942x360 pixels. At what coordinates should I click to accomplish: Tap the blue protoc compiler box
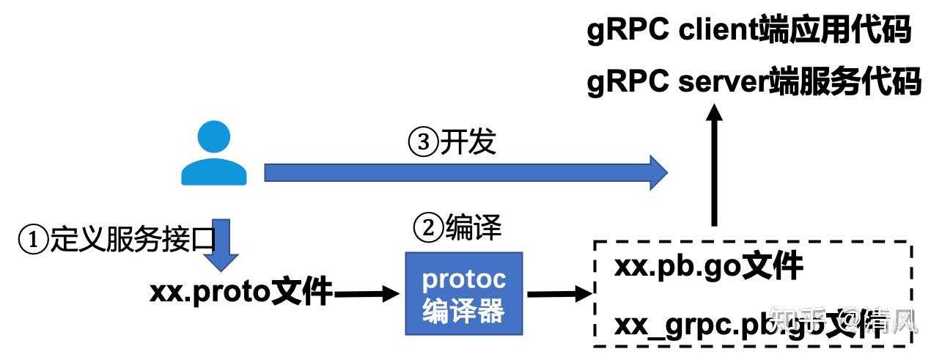point(463,293)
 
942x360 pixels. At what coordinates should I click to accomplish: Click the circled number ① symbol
point(32,240)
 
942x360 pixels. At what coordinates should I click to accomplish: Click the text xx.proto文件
point(240,293)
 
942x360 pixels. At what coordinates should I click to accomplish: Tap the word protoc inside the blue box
point(463,279)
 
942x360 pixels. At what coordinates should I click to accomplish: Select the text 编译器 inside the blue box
point(463,311)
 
